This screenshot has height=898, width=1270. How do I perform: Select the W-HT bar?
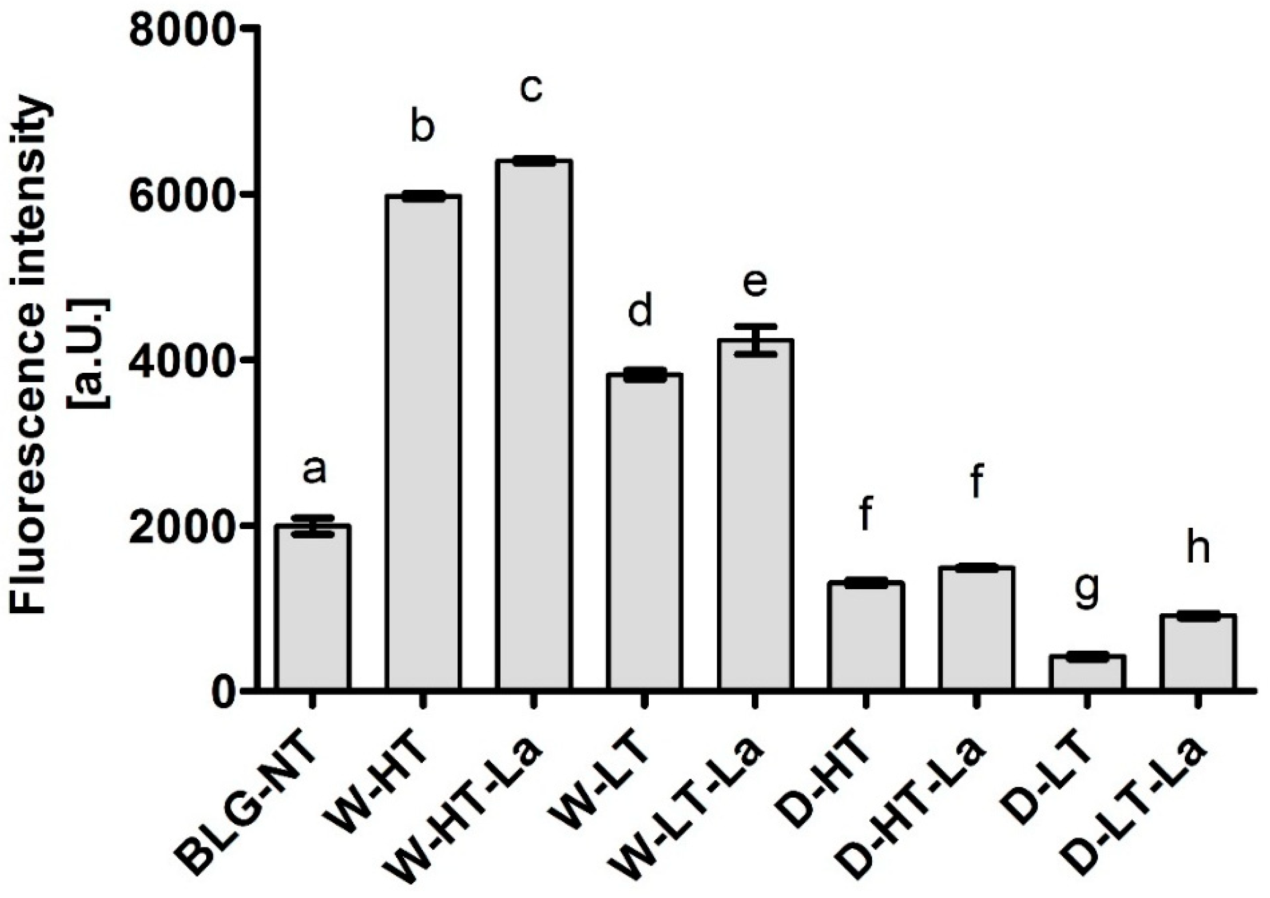click(x=423, y=443)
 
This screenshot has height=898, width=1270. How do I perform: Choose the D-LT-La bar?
click(x=1198, y=652)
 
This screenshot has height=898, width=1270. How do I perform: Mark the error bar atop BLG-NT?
click(x=313, y=525)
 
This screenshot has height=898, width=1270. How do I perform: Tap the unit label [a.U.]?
click(x=89, y=354)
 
